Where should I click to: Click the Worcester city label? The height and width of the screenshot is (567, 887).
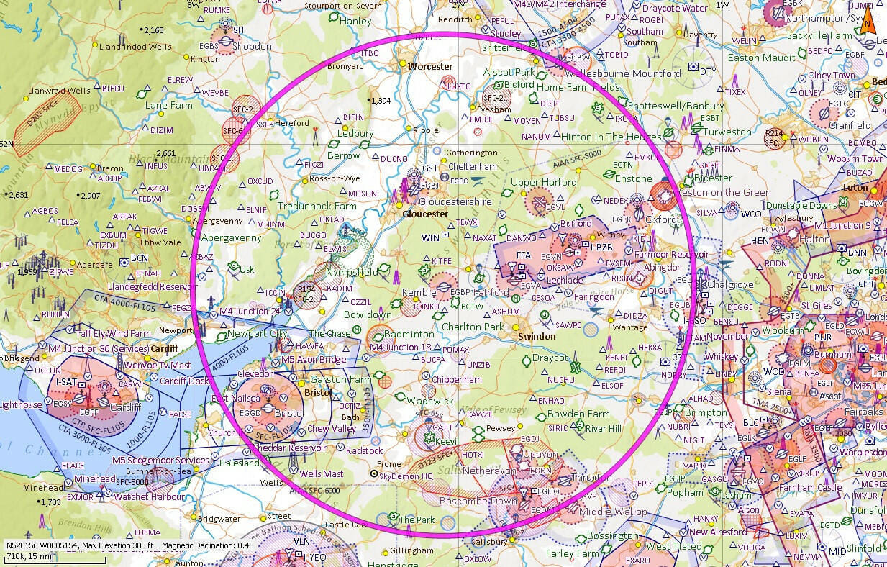point(429,67)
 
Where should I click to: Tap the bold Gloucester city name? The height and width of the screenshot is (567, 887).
point(425,214)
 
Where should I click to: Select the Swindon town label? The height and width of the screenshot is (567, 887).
point(537,336)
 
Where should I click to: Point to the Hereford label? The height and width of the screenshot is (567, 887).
point(292,123)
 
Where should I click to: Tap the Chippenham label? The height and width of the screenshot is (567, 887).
point(452,379)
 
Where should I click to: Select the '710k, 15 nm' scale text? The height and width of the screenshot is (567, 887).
point(28,556)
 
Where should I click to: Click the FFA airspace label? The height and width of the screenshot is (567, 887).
point(523,253)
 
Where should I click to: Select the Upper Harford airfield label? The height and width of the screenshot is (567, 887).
point(543,182)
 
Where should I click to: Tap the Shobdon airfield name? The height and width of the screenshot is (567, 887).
point(252,46)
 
